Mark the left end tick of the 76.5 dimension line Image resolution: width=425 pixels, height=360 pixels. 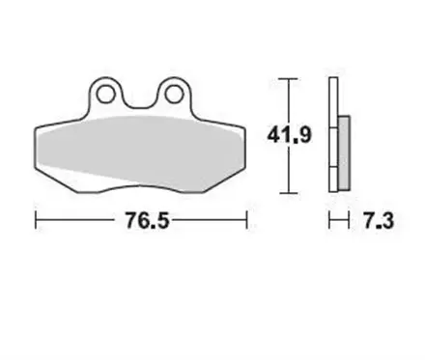pyautogui.click(x=36, y=221)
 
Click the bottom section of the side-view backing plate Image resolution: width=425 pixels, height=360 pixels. pyautogui.click(x=333, y=179)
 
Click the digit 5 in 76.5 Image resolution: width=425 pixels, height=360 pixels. pyautogui.click(x=154, y=221)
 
